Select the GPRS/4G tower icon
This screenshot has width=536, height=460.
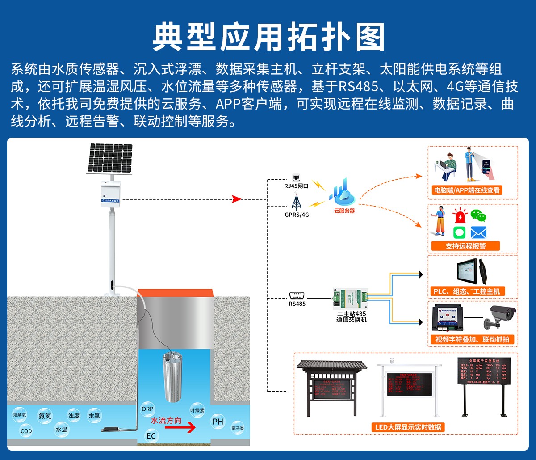pyautogui.click(x=295, y=203)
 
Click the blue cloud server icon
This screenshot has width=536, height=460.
pyautogui.click(x=343, y=194)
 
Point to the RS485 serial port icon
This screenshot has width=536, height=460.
pyautogui.click(x=297, y=295)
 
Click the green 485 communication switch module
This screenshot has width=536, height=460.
pyautogui.click(x=351, y=298)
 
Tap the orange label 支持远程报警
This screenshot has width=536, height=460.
pyautogui.click(x=465, y=246)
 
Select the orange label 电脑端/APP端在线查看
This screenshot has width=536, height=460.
pyautogui.click(x=467, y=190)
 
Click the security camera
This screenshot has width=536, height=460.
pyautogui.click(x=502, y=316)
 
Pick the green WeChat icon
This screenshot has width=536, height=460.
pyautogui.click(x=478, y=216)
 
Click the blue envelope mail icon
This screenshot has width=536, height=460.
pyautogui.click(x=478, y=232)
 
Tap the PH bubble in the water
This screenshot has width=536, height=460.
pyautogui.click(x=218, y=422)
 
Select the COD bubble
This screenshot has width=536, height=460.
pyautogui.click(x=26, y=431)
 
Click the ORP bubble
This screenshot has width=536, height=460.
pyautogui.click(x=147, y=409)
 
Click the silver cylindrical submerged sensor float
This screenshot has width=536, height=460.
pyautogui.click(x=174, y=378)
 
